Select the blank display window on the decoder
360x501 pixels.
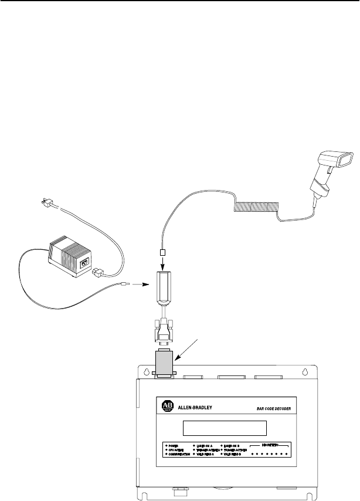225,428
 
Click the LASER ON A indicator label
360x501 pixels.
205,445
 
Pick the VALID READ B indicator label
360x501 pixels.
235,455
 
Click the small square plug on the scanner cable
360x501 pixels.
164,253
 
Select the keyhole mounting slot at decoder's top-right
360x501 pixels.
305,371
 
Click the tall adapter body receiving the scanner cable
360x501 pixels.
164,288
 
